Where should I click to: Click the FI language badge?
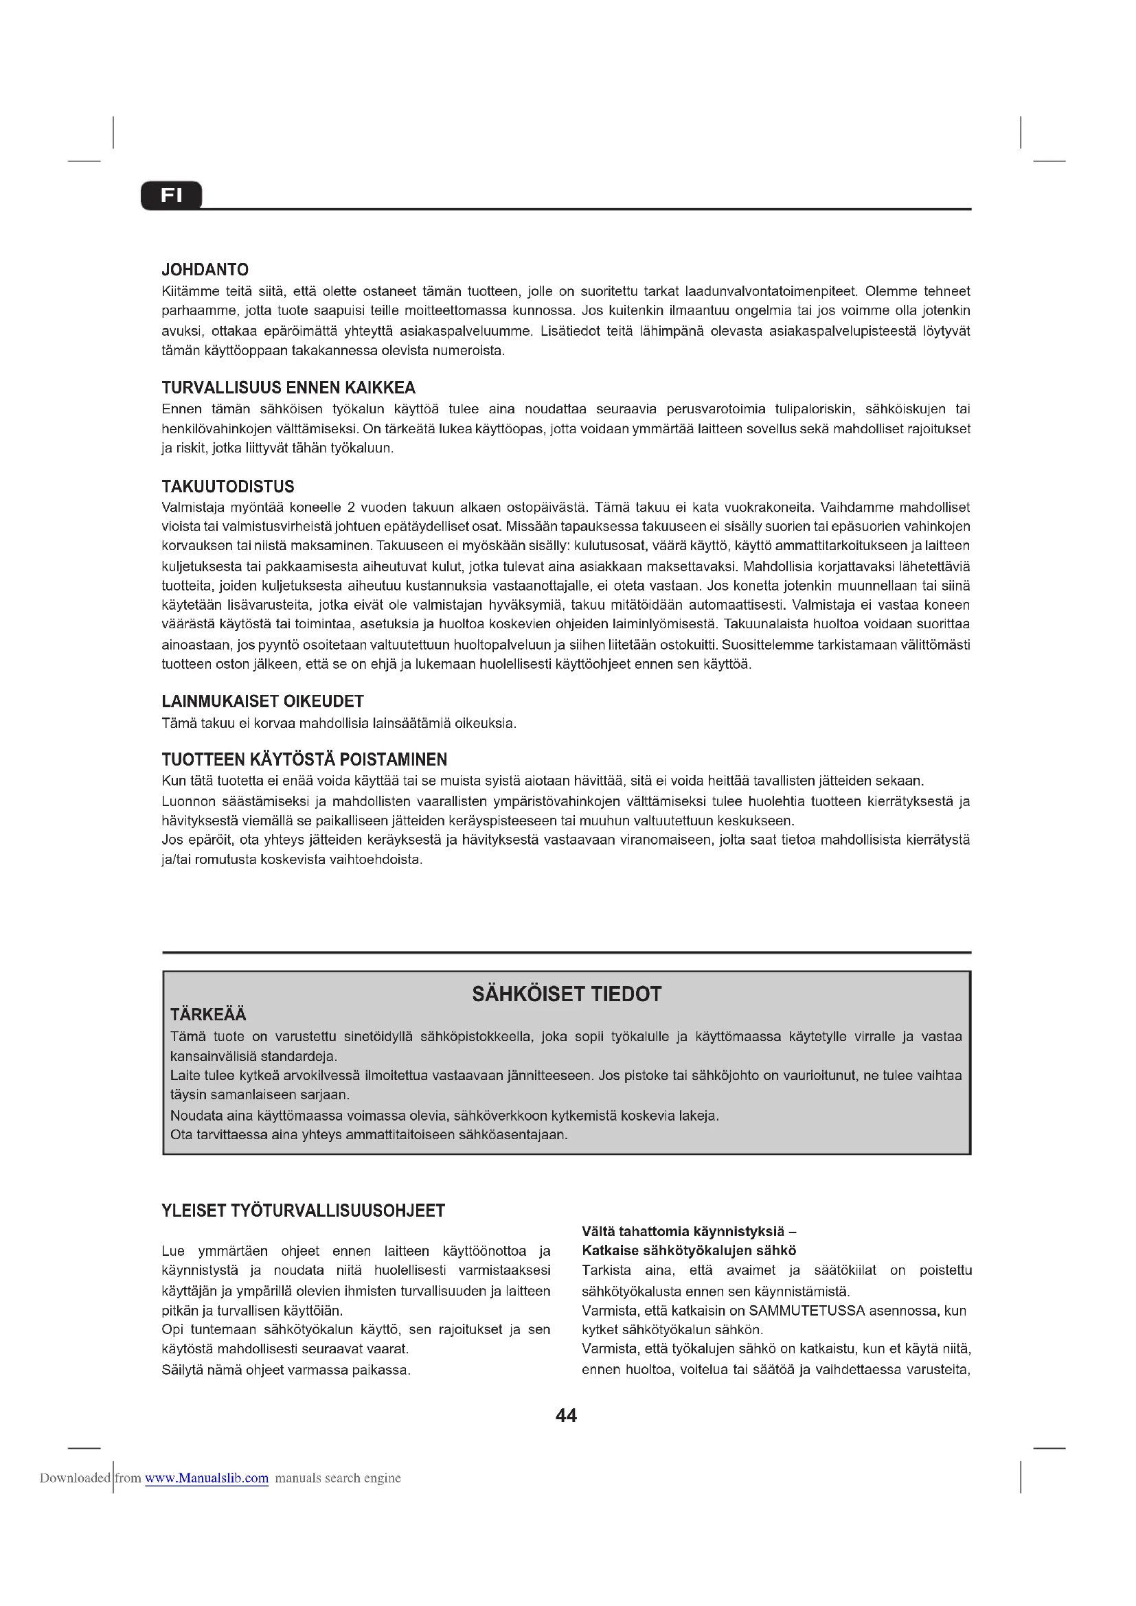(x=172, y=195)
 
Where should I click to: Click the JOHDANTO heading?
(x=205, y=270)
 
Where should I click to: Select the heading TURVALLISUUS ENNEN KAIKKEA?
(x=288, y=387)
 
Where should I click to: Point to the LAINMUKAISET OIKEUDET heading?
(x=262, y=701)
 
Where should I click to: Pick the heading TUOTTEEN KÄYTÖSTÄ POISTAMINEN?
(x=304, y=759)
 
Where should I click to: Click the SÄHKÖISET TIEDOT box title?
(x=567, y=994)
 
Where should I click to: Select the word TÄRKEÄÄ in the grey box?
(x=209, y=1014)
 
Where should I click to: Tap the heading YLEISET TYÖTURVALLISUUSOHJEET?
(x=303, y=1211)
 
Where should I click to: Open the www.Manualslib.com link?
(x=206, y=1478)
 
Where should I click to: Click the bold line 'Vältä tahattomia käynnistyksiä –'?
(x=688, y=1231)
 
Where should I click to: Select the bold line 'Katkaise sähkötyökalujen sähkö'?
(x=688, y=1250)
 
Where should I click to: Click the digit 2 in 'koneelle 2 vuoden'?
(x=351, y=507)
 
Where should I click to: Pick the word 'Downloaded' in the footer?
(x=75, y=1478)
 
